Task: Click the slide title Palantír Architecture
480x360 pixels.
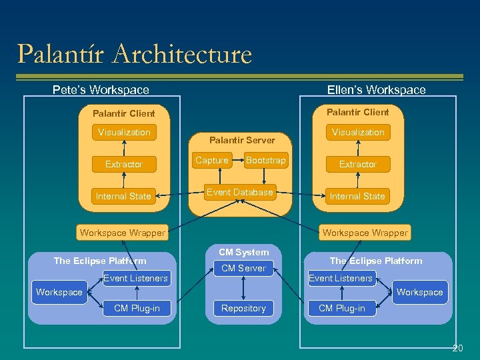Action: coord(135,54)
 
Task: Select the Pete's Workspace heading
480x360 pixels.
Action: coord(101,89)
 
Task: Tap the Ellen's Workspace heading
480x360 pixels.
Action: coord(376,89)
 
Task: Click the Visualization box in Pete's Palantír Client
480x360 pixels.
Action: coord(124,133)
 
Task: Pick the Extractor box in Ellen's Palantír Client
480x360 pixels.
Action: coord(358,164)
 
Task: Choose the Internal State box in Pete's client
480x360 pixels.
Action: coord(123,196)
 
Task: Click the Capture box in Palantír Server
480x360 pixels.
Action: coord(212,161)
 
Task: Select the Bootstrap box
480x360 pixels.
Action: coord(265,161)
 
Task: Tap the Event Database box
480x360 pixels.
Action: coord(240,193)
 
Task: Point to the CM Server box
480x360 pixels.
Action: coord(243,269)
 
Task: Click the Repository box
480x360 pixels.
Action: coord(243,309)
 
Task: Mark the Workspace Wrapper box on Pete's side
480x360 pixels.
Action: coord(123,233)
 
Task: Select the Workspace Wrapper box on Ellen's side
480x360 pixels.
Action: coord(365,233)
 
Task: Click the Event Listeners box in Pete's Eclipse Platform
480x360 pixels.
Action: coord(136,278)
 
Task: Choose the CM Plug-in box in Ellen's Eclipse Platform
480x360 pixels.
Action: coord(342,308)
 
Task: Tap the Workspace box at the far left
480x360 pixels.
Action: coord(59,293)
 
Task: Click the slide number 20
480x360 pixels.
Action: coord(457,348)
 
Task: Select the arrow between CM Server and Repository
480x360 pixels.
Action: coord(243,288)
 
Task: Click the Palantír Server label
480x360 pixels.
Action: coord(242,140)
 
